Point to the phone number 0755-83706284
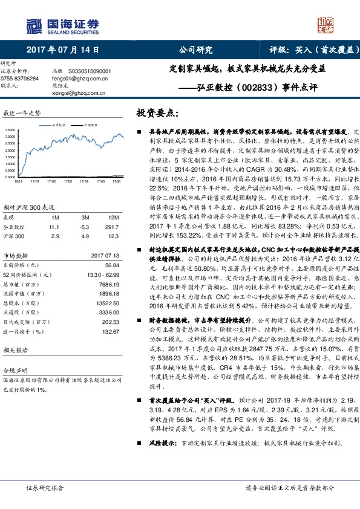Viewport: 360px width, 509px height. click(x=19, y=78)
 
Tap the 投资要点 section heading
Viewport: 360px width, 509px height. click(x=157, y=113)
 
